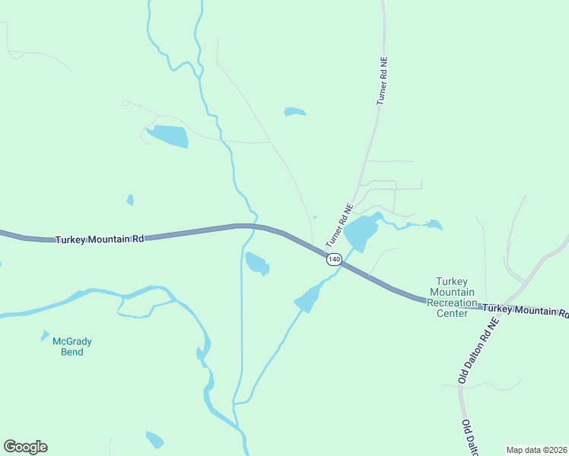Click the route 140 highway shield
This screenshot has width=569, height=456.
334,260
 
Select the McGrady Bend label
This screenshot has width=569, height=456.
68,347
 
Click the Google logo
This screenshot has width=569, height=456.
25,447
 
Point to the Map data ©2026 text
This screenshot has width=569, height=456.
536,450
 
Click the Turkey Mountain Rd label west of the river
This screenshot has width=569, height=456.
100,239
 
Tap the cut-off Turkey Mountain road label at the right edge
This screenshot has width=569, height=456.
525,309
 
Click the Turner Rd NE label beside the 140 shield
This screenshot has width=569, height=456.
339,225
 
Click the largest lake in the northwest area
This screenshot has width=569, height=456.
168,136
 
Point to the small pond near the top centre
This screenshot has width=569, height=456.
295,112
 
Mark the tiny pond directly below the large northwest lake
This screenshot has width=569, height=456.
130,201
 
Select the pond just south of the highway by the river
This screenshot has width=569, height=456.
256,263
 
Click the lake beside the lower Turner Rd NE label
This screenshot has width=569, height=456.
361,231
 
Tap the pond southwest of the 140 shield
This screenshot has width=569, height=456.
307,299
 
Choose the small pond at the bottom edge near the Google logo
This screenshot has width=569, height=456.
154,439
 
